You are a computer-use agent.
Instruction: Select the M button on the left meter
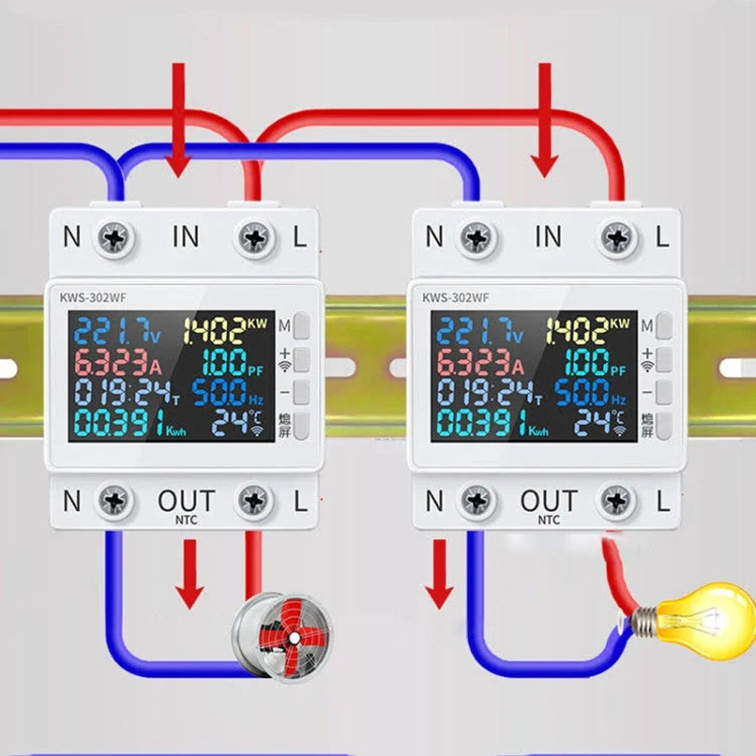click(x=302, y=325)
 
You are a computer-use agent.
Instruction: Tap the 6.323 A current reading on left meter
click(x=113, y=363)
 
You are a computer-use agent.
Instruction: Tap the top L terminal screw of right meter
click(x=618, y=238)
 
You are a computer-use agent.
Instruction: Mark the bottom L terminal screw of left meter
click(x=256, y=500)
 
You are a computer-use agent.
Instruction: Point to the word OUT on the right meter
click(x=549, y=500)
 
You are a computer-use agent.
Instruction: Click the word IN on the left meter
click(x=186, y=237)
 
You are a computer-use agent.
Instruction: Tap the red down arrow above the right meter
click(x=544, y=121)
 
